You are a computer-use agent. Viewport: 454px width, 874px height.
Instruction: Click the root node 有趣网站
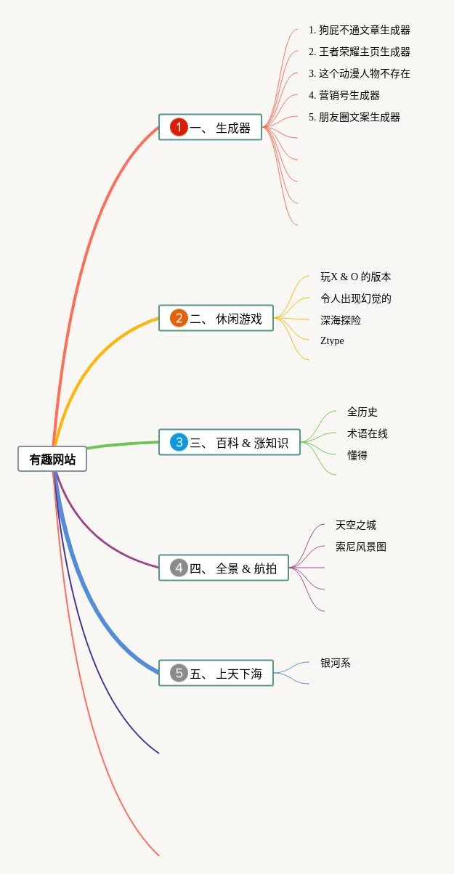[x=52, y=459]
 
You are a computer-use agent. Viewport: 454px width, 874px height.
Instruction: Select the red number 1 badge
[x=179, y=127]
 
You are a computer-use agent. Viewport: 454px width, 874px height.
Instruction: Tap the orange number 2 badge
[x=179, y=318]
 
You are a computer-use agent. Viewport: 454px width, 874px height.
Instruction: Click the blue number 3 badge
[x=179, y=442]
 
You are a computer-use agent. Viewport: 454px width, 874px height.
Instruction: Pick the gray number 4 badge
[x=179, y=568]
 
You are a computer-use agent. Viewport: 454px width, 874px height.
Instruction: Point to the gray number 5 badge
[x=179, y=673]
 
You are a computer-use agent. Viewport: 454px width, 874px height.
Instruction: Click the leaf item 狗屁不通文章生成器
[x=359, y=30]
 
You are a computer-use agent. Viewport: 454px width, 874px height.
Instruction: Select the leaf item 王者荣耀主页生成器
[x=359, y=52]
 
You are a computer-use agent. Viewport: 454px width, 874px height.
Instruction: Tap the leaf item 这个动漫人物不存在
[x=359, y=73]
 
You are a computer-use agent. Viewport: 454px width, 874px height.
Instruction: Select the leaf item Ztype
[x=332, y=340]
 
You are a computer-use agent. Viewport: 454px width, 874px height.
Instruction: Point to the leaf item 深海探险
[x=341, y=319]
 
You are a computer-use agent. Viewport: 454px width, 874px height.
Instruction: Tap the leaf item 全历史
[x=362, y=412]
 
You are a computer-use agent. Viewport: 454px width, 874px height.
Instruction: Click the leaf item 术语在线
[x=368, y=433]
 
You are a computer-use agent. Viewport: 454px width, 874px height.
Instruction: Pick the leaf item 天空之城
[x=356, y=525]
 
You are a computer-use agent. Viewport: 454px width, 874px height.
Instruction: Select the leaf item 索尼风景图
[x=361, y=547]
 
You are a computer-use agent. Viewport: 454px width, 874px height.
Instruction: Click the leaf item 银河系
[x=336, y=663]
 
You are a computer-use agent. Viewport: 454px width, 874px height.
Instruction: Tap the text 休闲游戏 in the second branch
[x=239, y=319]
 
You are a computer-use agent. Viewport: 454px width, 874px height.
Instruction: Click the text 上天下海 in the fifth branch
[x=239, y=674]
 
